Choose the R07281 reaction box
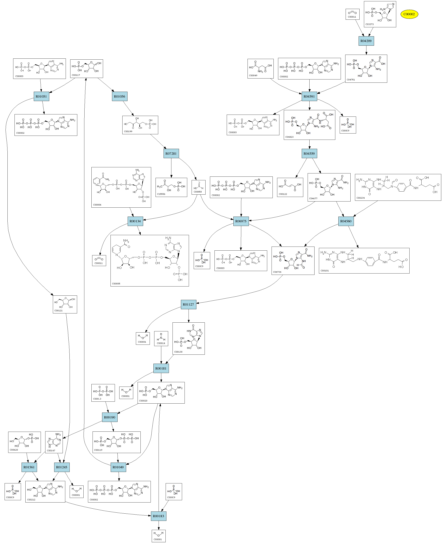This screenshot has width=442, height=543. click(171, 154)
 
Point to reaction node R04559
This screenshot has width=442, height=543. click(309, 154)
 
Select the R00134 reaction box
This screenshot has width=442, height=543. click(135, 221)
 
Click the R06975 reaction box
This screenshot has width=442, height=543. click(241, 221)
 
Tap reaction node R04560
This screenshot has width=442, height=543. click(346, 221)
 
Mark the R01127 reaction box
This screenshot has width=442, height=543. click(188, 304)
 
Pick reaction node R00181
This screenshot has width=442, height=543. click(161, 368)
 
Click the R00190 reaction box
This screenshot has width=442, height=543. click(110, 417)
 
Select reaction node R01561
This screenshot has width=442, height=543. click(29, 467)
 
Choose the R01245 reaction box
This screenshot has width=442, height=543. click(62, 467)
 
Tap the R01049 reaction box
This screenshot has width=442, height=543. click(118, 467)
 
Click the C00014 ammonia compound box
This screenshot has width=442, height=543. click(161, 338)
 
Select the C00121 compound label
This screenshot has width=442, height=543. click(59, 311)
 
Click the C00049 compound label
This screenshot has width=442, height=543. click(253, 75)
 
